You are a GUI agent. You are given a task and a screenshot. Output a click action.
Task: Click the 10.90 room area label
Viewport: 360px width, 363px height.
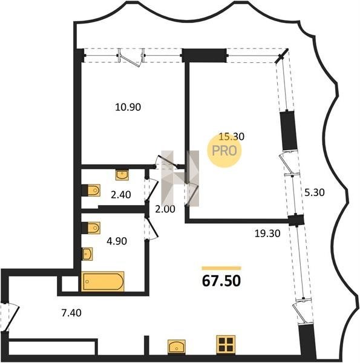tap(128, 107)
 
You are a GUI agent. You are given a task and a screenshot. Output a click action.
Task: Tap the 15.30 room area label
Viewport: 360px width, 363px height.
tap(232, 137)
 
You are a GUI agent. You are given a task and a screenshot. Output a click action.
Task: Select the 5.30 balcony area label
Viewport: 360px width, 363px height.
tap(315, 192)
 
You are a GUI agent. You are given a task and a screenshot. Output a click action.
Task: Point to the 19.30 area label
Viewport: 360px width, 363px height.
tap(267, 234)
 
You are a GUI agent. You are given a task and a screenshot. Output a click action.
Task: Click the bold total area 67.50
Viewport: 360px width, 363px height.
tap(221, 281)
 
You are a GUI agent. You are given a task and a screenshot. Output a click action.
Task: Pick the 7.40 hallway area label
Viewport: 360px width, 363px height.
tap(71, 313)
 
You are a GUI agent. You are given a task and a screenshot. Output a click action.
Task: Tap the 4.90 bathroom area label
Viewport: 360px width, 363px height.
tap(117, 241)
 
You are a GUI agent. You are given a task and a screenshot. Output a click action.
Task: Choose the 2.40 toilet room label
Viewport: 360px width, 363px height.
tap(121, 195)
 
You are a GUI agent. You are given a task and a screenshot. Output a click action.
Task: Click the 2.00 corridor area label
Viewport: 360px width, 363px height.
tap(165, 209)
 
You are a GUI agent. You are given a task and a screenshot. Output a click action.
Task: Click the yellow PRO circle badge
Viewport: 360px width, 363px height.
tap(224, 151)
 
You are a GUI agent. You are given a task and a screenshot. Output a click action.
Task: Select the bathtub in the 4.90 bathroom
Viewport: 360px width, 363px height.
tap(103, 281)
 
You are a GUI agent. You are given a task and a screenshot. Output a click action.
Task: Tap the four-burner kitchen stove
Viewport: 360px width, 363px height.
tap(226, 345)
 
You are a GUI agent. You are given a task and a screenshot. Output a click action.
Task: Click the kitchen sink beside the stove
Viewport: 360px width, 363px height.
tap(177, 347)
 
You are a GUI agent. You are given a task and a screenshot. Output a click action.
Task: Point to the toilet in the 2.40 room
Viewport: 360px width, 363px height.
tap(91, 191)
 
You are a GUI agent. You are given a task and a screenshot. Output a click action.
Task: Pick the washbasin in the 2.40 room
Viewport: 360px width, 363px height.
tap(122, 175)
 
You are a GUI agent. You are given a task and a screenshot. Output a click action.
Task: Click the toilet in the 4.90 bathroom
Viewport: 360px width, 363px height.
tap(91, 228)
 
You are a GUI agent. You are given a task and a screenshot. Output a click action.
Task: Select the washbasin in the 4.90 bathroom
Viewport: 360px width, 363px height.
tap(87, 254)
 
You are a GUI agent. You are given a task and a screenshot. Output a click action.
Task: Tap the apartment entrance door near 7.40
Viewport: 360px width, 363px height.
tap(10, 318)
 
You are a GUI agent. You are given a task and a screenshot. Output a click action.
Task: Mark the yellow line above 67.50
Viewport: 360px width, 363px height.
tap(221, 268)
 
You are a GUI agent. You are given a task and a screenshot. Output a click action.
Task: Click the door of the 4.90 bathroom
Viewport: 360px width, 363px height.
tap(151, 228)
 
